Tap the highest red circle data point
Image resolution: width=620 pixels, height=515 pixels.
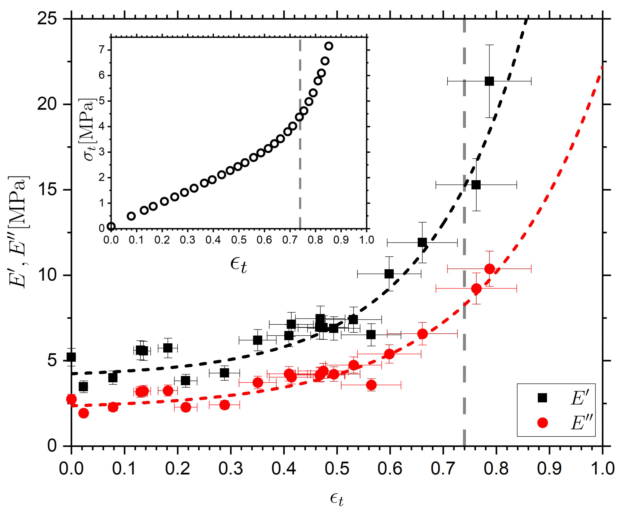tap(490, 269)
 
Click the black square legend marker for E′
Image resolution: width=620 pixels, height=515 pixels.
tap(542, 398)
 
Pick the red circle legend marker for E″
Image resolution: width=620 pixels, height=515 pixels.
tap(542, 423)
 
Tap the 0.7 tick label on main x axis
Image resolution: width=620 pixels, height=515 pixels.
tap(443, 469)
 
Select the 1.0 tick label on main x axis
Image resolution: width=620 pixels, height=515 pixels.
tap(602, 469)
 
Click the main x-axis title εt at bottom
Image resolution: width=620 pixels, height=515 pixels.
tap(337, 499)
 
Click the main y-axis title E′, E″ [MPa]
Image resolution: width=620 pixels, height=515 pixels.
tap(18, 232)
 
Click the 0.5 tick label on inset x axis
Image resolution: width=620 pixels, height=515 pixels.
tap(239, 240)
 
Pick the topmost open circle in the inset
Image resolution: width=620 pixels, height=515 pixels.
tap(329, 46)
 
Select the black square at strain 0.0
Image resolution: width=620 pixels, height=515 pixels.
tap(71, 357)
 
